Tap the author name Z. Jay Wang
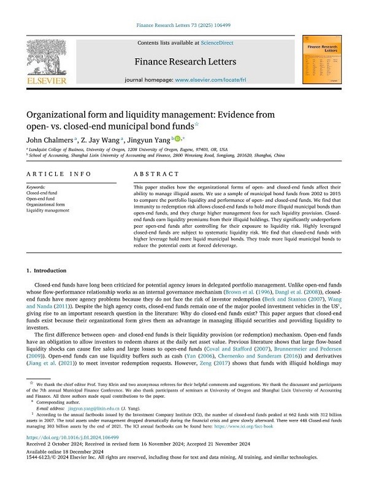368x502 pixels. (x=102, y=140)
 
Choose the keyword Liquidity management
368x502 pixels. (x=48, y=210)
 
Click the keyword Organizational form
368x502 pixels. (x=47, y=204)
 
